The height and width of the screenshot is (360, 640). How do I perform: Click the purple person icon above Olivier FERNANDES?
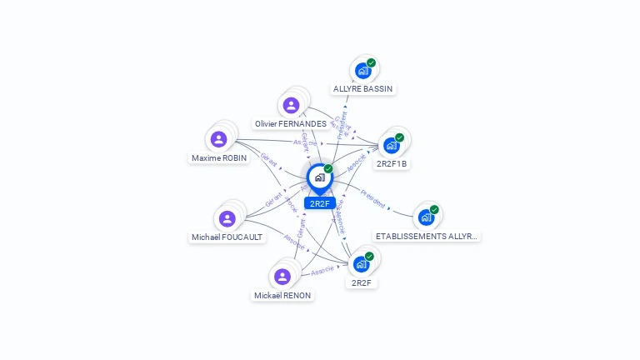[x=291, y=105]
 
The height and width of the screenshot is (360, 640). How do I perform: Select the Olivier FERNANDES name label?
[x=291, y=123]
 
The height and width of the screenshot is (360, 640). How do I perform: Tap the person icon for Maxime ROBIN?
[x=218, y=139]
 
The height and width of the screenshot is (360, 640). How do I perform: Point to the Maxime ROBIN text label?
[x=219, y=157]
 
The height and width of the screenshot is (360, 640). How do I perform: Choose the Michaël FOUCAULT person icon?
[x=227, y=219]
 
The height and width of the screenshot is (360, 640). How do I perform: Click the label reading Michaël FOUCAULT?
[x=227, y=237]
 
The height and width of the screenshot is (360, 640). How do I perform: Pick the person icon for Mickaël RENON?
[x=282, y=277]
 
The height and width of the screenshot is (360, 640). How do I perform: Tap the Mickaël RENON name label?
[x=282, y=295]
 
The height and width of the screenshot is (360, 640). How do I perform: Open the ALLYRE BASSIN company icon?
[x=362, y=71]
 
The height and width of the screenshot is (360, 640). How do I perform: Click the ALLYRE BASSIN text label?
[x=362, y=88]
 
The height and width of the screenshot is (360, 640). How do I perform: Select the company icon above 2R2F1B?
[x=391, y=146]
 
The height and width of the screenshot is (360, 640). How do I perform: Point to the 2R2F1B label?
[x=392, y=163]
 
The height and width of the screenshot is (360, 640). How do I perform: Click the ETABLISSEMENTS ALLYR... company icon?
[x=426, y=218]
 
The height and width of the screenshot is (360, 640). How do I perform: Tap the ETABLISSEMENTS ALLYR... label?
[x=427, y=236]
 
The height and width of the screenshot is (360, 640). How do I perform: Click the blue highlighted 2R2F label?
[x=319, y=203]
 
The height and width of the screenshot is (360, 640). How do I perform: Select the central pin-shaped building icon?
[x=319, y=177]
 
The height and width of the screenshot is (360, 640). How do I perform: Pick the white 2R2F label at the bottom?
[x=362, y=282]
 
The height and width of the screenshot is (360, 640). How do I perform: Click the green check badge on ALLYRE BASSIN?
[x=371, y=62]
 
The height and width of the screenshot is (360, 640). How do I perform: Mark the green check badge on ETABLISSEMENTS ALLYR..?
[x=434, y=210]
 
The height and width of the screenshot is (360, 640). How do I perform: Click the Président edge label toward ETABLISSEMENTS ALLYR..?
[x=372, y=200]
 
